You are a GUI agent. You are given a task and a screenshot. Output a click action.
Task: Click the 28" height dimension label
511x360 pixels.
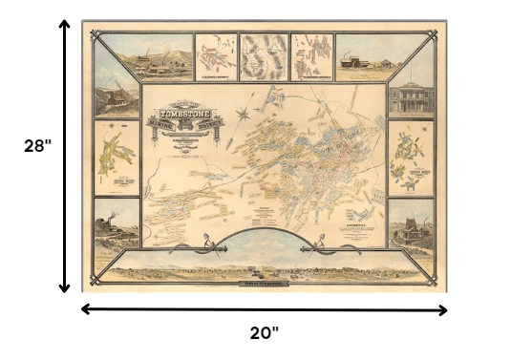pyautogui.click(x=36, y=148)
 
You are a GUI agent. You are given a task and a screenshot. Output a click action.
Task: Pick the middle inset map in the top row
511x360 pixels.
pyautogui.click(x=262, y=56)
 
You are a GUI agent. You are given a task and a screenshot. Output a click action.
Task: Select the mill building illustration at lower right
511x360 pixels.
pyautogui.click(x=411, y=223)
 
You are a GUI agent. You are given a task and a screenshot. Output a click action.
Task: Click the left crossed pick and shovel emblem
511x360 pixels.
pyautogui.click(x=208, y=252)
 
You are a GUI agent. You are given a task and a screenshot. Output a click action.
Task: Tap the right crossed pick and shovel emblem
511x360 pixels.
pyautogui.click(x=318, y=251)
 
